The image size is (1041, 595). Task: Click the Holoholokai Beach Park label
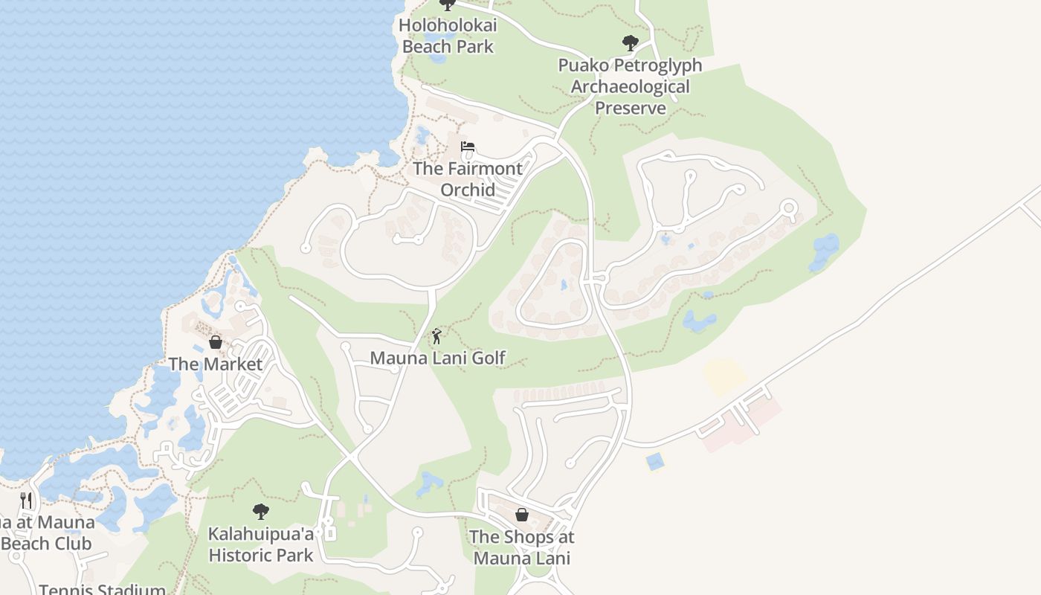[x=448, y=36]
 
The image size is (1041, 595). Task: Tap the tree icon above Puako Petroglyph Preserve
[x=630, y=43]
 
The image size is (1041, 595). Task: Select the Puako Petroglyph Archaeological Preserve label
[x=631, y=86]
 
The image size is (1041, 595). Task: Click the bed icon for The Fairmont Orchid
[x=468, y=147]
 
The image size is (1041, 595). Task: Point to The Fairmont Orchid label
[x=468, y=178]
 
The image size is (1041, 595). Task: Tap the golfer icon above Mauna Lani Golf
[x=436, y=336]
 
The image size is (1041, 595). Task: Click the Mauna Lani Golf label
[x=438, y=358]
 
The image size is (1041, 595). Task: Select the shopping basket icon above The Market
[x=216, y=342]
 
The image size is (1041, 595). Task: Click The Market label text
[x=216, y=364]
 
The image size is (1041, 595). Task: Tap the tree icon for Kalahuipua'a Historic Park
[x=260, y=512]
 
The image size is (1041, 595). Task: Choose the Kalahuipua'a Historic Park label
[x=261, y=544]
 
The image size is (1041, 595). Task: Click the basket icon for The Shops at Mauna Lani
[x=522, y=515]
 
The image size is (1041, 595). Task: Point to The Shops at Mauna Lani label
[x=522, y=547]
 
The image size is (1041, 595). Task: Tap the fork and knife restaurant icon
[x=26, y=500]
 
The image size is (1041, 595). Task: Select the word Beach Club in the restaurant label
[x=47, y=544]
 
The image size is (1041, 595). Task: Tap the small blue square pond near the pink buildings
[x=655, y=462]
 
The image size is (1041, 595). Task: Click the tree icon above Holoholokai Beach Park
[x=447, y=4]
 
